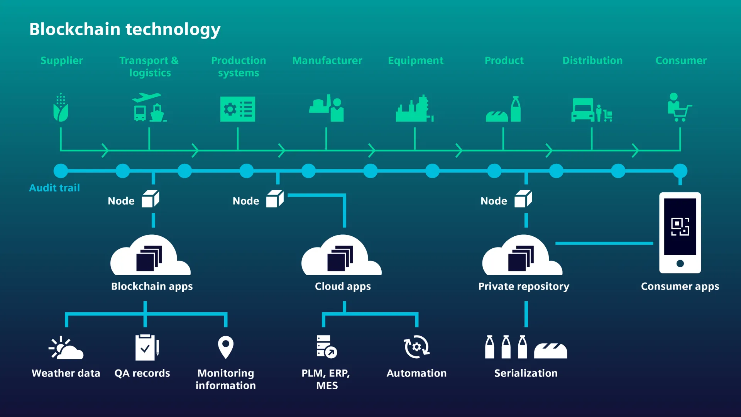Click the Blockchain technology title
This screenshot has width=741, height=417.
[125, 29]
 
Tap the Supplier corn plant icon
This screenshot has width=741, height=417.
[61, 108]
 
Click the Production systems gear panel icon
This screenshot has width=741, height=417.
[237, 109]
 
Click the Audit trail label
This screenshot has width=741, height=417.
[54, 188]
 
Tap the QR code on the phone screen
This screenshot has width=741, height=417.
[680, 226]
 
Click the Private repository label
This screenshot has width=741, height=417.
[523, 286]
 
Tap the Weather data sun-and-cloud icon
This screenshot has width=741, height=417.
[66, 348]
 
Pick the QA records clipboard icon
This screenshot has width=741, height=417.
[147, 347]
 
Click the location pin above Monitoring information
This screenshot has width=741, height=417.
[226, 347]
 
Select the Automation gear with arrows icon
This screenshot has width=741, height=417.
[416, 347]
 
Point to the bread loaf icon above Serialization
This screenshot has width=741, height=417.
[550, 351]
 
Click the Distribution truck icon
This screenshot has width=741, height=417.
[583, 110]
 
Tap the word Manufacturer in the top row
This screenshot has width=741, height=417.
[327, 61]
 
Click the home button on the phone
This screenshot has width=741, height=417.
[680, 263]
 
